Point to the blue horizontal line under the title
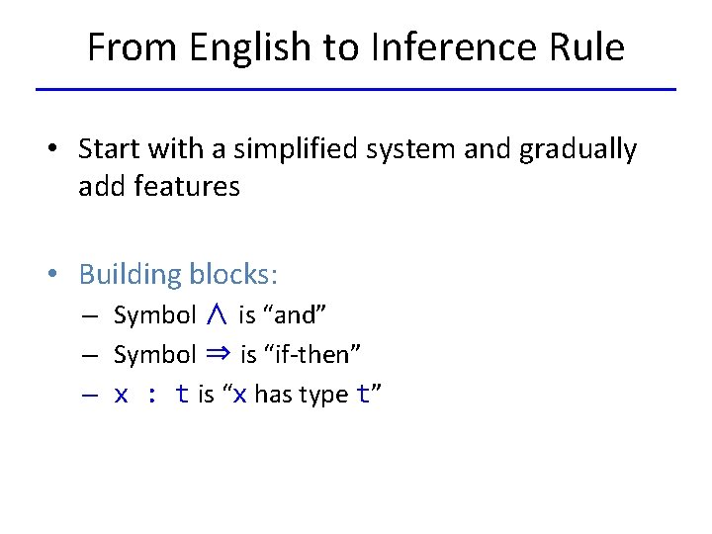click(356, 89)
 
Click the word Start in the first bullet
click(108, 149)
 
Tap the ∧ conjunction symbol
click(218, 315)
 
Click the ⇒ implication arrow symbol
click(219, 354)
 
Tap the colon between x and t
click(152, 395)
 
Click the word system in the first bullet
click(402, 149)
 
